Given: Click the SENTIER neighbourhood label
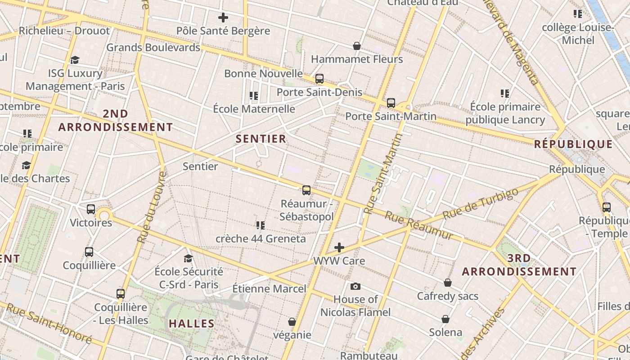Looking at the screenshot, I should [x=261, y=139].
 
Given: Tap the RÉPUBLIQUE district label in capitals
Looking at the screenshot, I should [x=573, y=144].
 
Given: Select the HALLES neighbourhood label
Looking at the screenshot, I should [x=192, y=323].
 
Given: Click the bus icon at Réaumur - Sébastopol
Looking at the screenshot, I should [x=306, y=190].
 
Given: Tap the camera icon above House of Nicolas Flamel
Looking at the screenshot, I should [x=355, y=286].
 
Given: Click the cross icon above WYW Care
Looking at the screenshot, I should [x=339, y=247].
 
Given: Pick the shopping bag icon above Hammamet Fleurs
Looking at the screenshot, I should [x=357, y=46].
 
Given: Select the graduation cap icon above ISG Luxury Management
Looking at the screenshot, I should [x=75, y=60].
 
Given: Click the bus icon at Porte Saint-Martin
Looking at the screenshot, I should [x=391, y=103].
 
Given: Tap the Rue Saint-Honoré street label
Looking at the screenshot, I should [x=49, y=324].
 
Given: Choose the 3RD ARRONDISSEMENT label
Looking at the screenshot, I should [x=519, y=265].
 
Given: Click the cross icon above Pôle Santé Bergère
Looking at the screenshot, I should [x=223, y=18].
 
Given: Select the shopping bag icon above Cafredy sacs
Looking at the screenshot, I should [x=447, y=283].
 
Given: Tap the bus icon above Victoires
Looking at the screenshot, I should [x=91, y=209].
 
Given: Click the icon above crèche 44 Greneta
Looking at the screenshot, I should [x=260, y=225].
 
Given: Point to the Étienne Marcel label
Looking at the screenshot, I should [x=269, y=288].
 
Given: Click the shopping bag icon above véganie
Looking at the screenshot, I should [x=292, y=322].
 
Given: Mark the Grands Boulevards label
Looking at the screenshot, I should [x=153, y=47].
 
